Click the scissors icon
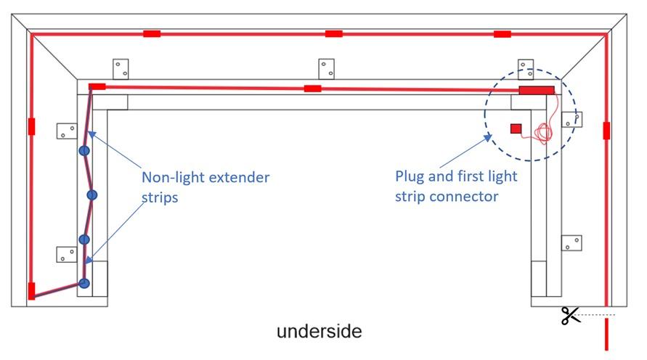point(571,316)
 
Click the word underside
point(319,332)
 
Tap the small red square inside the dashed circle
point(516,128)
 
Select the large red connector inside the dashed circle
point(536,89)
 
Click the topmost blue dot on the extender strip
point(84,151)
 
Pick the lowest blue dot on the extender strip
point(84,283)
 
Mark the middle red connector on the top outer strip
point(334,33)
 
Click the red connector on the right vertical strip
point(606,131)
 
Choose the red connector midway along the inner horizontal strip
point(313,89)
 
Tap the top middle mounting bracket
point(327,69)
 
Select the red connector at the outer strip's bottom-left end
point(31,291)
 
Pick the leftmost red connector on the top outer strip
point(152,33)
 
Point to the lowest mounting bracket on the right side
point(571,242)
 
